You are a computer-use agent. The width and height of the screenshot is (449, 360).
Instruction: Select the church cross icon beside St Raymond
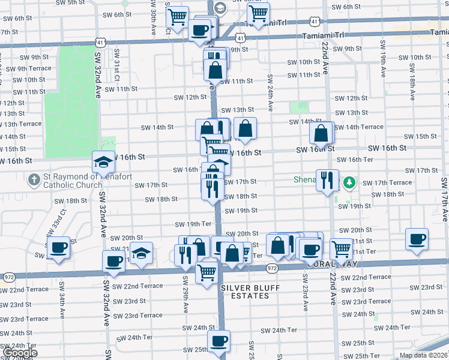34,179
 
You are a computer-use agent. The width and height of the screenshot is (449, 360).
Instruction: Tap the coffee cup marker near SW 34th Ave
59,247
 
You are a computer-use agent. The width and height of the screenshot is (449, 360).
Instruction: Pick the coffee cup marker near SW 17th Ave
417,239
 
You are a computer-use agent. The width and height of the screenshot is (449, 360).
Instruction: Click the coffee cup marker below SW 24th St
218,341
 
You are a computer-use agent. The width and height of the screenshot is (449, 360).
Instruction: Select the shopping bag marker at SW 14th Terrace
322,133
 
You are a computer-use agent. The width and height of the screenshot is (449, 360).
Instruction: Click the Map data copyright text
423,355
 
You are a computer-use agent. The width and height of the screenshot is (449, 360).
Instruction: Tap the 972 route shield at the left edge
9,278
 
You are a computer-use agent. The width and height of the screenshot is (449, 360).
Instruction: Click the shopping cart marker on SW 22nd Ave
341,248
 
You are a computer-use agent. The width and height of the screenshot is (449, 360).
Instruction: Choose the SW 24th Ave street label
271,93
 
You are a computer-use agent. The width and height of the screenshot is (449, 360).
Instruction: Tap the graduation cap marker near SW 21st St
142,253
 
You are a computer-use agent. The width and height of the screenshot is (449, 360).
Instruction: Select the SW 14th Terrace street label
364,127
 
